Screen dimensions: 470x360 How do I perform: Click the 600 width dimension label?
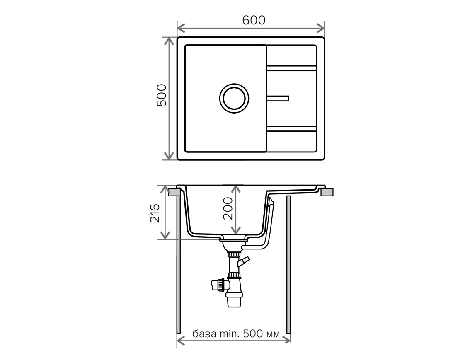click(x=254, y=20)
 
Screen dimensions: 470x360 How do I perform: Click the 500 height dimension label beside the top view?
click(x=162, y=95)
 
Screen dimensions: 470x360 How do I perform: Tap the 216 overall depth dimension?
click(x=155, y=213)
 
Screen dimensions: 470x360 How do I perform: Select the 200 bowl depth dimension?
click(x=228, y=208)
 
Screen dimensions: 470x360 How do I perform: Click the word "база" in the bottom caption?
click(x=204, y=333)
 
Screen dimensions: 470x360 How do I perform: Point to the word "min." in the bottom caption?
click(x=230, y=333)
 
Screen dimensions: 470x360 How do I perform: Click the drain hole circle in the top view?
click(x=234, y=98)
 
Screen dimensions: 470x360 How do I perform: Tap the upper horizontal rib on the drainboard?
click(x=291, y=68)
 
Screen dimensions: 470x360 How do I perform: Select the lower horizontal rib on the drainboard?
click(x=291, y=129)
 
